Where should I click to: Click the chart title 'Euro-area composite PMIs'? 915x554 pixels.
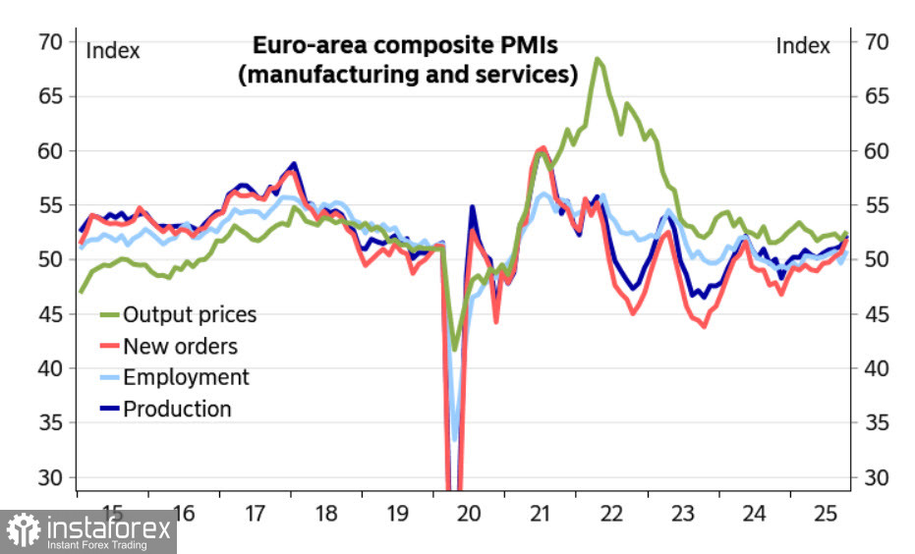(406, 45)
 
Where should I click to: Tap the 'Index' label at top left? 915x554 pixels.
(113, 49)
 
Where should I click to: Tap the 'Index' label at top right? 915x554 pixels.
(803, 45)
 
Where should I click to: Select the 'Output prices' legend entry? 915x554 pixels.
(189, 314)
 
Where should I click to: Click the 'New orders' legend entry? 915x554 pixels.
(180, 346)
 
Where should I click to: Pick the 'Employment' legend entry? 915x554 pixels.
(186, 377)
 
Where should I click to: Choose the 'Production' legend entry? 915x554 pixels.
(177, 409)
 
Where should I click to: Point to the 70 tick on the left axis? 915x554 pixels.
(50, 41)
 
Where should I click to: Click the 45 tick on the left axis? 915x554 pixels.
(50, 314)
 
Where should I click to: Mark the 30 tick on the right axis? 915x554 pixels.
(876, 477)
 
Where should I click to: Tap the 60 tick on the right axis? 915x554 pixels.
(876, 150)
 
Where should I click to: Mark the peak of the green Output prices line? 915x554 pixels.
(597, 59)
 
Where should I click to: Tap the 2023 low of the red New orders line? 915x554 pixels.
(704, 326)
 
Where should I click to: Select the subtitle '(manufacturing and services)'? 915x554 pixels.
(407, 75)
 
